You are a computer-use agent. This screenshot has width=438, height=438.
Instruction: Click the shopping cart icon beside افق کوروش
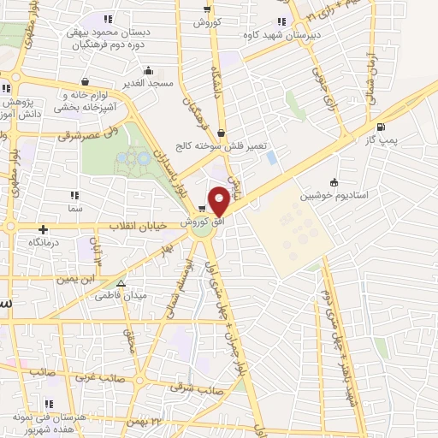202,209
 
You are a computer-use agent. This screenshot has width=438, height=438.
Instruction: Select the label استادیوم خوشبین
334,196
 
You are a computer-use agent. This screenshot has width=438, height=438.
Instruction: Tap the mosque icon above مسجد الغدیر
150,70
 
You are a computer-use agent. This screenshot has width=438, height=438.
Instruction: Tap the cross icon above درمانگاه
44,229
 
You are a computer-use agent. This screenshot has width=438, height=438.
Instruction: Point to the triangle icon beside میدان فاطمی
121,283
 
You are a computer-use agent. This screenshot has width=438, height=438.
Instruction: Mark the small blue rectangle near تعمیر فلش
272,158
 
